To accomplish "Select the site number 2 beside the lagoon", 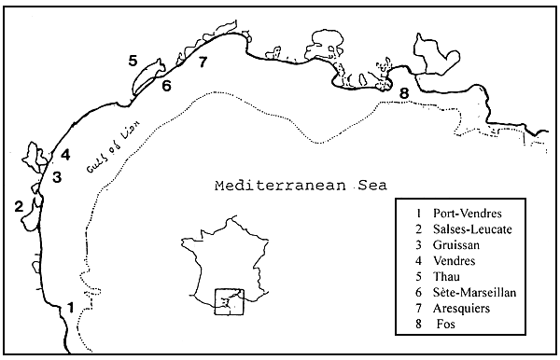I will pyautogui.click(x=19, y=206).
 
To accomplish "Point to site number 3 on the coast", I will pyautogui.click(x=57, y=176).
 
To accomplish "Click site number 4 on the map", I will pyautogui.click(x=65, y=155).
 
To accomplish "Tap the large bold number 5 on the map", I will pyautogui.click(x=133, y=62).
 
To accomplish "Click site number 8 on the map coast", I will pyautogui.click(x=403, y=92).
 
